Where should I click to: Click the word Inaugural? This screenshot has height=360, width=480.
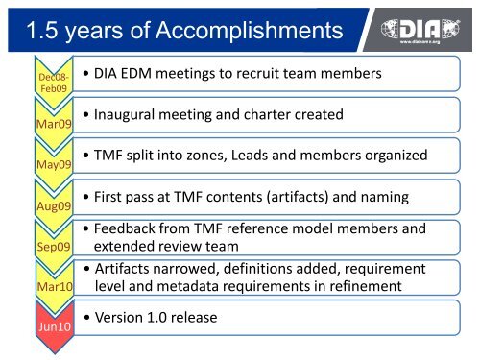point(129,115)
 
